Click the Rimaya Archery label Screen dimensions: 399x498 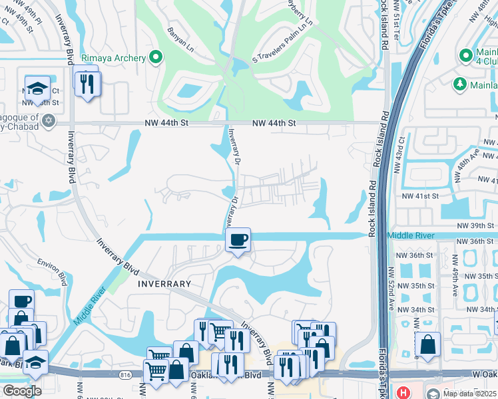coord(113,58)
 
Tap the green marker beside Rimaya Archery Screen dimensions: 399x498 coord(156,58)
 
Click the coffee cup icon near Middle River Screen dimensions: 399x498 coord(238,239)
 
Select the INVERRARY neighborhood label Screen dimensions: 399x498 coord(164,283)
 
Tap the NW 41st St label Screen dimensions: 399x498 coord(420,196)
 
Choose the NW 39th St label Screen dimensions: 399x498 coord(473,226)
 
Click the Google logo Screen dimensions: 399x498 coord(22,390)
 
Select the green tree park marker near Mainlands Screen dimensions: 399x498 coord(459,83)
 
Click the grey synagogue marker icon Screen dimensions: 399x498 coord(48,121)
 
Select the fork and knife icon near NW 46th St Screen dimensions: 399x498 coord(87,83)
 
